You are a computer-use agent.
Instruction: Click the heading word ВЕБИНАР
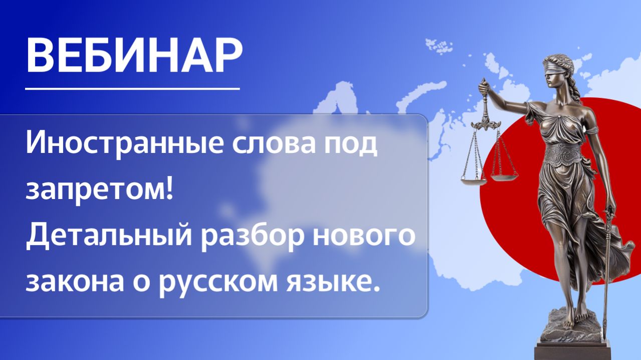point(134,55)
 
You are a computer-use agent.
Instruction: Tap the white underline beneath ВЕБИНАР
point(132,89)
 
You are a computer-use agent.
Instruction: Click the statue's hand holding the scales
point(483,87)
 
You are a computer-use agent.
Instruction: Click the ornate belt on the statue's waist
point(563,153)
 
